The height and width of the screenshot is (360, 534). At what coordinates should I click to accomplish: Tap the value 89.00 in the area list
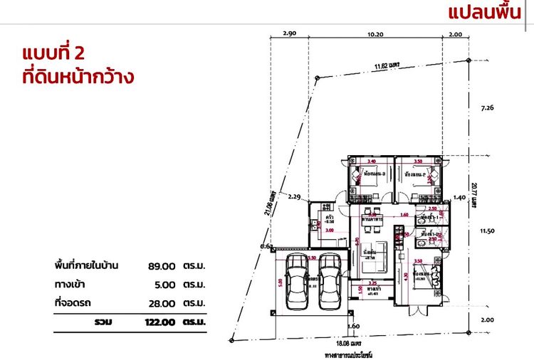162,266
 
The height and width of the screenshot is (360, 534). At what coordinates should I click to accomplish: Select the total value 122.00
157,322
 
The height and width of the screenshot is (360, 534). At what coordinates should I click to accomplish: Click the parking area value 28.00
162,304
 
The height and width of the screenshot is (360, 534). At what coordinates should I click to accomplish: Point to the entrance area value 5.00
164,285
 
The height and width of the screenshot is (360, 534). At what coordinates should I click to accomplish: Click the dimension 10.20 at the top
375,33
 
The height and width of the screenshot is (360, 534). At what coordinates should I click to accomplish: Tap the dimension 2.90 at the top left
289,33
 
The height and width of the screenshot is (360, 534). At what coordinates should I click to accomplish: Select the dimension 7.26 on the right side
488,108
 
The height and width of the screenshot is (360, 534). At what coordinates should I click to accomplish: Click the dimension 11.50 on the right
488,231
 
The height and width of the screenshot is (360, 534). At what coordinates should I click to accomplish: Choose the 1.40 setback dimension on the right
460,198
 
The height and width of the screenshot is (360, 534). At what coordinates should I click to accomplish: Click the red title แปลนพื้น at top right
490,12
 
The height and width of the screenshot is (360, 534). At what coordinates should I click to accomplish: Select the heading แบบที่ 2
64,53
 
